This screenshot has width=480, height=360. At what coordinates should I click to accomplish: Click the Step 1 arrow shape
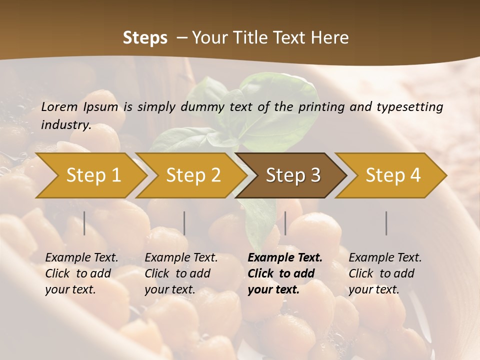click(93, 175)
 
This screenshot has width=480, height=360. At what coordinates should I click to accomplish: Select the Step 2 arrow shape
click(193, 175)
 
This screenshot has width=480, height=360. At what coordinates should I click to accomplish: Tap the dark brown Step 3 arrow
click(293, 175)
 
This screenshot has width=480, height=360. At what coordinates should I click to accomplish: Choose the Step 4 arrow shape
click(393, 175)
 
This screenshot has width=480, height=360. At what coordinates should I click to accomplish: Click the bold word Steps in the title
click(145, 37)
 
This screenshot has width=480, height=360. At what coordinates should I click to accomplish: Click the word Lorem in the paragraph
click(59, 106)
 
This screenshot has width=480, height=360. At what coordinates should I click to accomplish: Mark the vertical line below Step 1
click(84, 223)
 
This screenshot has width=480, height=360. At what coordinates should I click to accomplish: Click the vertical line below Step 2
click(184, 223)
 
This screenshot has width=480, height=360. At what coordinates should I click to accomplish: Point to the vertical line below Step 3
click(285, 223)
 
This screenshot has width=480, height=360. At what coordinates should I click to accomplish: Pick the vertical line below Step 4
click(386, 223)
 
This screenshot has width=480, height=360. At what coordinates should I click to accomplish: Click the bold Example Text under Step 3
click(285, 257)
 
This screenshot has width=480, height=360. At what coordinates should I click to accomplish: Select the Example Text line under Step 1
click(81, 257)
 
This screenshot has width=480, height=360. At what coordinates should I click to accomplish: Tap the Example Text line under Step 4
click(385, 257)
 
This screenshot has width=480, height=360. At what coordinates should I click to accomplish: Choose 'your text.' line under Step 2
click(170, 289)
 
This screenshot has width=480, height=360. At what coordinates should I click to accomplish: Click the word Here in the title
click(329, 37)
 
